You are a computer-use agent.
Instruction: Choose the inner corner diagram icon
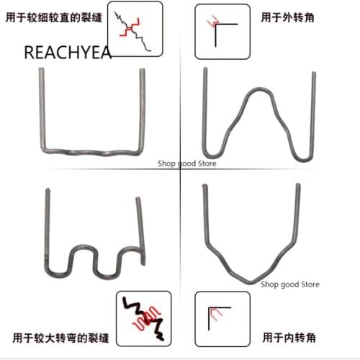click(222, 315)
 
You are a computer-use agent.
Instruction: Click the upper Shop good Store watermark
click(187, 163)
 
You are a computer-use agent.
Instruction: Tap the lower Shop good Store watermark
click(290, 284)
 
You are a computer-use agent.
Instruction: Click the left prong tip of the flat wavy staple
click(40, 70)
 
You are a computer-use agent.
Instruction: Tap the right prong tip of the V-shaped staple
click(297, 186)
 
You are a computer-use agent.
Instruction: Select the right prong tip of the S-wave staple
click(138, 197)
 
